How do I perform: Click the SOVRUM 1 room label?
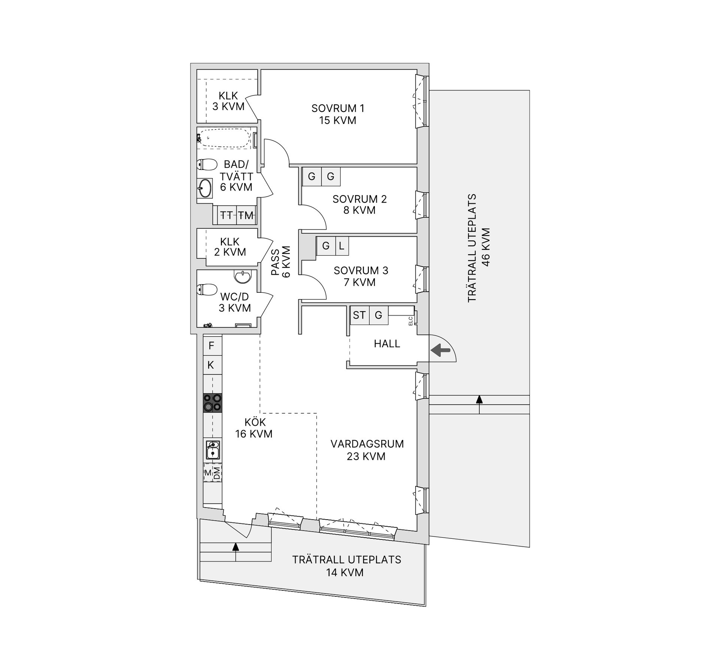coord(337,114)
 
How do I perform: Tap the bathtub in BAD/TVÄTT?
coord(224,139)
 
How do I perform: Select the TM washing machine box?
coord(246,215)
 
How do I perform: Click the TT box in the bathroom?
coord(227,215)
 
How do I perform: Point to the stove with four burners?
coord(212,403)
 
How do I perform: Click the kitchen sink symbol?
coord(213,450)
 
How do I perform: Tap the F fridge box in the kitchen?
coord(212,346)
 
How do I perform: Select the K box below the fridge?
coord(211,365)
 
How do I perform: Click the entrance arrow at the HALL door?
coord(440,350)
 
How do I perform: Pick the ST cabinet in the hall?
coord(359,315)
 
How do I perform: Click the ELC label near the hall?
coord(410,321)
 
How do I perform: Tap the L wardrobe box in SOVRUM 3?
coord(342,246)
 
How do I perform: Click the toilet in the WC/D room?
coord(207,289)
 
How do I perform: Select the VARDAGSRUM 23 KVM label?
coord(367,450)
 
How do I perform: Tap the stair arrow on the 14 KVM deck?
coord(236,547)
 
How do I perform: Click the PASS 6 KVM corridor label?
coord(281,261)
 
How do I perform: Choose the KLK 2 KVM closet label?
coord(230,247)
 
